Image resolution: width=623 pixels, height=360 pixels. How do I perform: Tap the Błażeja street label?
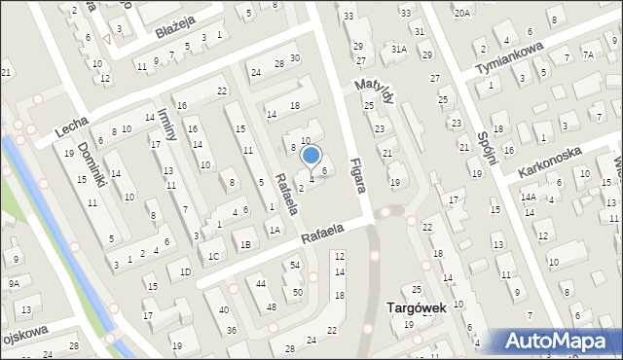pyautogui.click(x=175, y=32)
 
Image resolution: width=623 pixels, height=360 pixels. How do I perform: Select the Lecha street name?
pyautogui.click(x=72, y=126)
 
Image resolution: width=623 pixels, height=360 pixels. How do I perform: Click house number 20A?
pyautogui.click(x=460, y=13)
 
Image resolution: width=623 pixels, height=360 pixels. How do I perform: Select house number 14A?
pyautogui.click(x=528, y=197)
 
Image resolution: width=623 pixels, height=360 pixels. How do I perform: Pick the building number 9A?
pyautogui.click(x=13, y=283)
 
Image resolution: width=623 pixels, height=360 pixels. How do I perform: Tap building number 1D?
pyautogui.click(x=184, y=272)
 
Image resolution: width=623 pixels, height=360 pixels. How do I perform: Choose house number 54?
pyautogui.click(x=294, y=265)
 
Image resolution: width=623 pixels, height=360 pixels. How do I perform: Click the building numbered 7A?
pyautogui.click(x=588, y=54)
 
